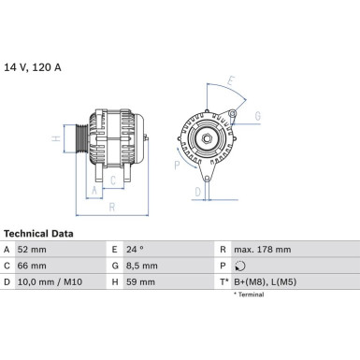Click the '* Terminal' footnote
[249, 295]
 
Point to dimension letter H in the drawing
[55, 139]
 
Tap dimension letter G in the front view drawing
[256, 116]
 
